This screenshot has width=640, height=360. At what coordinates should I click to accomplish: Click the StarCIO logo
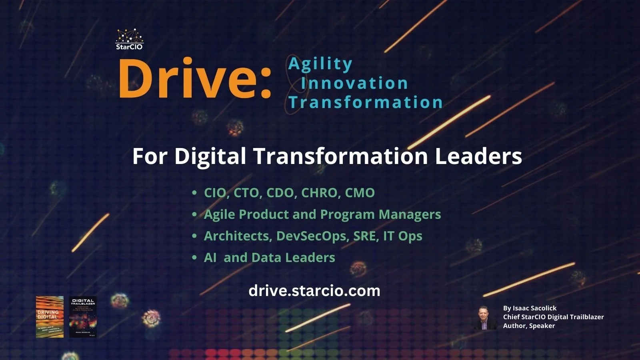point(129,39)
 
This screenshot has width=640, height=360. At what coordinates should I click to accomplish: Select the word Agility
point(320,64)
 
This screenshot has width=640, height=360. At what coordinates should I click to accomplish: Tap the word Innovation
point(354,83)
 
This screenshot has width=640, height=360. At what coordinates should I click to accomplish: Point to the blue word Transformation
point(366,102)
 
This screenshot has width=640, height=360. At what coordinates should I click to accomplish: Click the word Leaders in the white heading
point(478,156)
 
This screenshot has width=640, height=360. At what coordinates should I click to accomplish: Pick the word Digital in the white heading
point(210,156)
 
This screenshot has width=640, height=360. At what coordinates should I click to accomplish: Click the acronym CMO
point(360,193)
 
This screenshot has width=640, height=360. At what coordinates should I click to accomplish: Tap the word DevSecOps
point(311,236)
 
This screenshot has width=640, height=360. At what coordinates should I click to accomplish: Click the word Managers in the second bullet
point(410,214)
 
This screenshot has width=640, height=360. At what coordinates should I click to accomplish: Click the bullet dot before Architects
point(194,236)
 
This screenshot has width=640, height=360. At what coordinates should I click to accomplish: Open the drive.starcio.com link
point(314,290)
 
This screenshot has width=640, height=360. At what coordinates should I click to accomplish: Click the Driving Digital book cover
point(50,317)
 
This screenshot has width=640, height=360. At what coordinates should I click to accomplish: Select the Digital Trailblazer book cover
point(83,317)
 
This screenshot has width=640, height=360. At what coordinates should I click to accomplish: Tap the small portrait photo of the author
point(486,318)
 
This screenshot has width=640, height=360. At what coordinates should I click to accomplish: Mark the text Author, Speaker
point(529,326)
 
